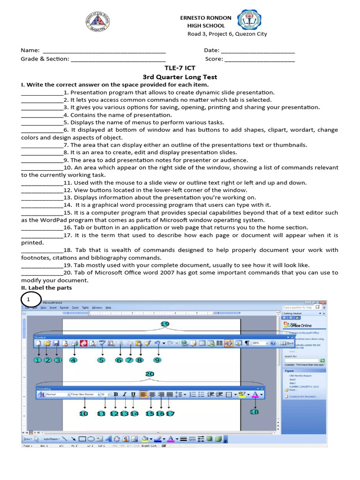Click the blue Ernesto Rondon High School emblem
click(249, 22)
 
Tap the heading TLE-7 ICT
click(180, 68)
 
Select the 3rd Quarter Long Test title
click(180, 77)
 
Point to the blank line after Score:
click(260, 60)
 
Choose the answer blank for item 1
click(42, 93)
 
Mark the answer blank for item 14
click(42, 205)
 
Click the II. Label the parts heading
click(46, 287)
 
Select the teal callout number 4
click(73, 360)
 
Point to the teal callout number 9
click(157, 360)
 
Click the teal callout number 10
click(83, 413)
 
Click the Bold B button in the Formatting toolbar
click(116, 395)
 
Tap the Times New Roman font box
click(84, 395)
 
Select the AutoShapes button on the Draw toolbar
click(50, 439)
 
